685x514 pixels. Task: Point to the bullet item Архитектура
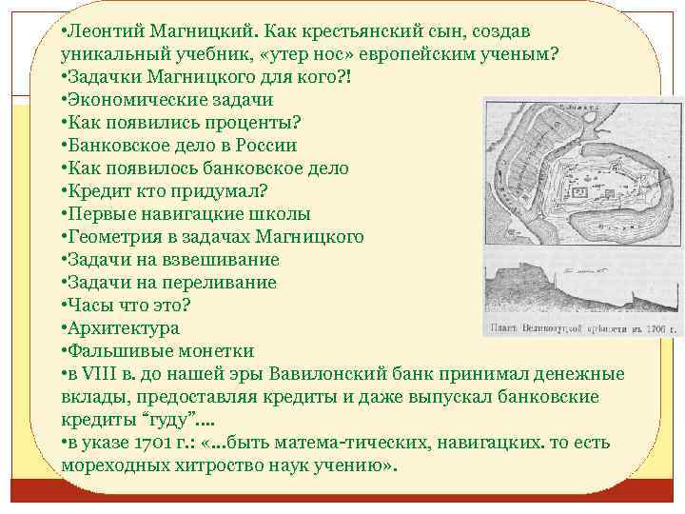pyautogui.click(x=122, y=328)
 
